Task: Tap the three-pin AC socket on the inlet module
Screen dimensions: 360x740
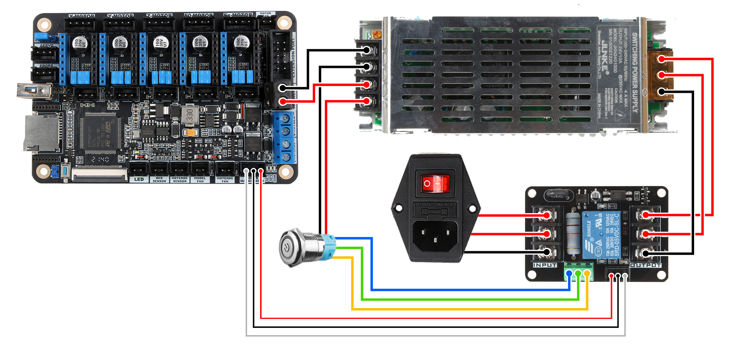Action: (435, 235)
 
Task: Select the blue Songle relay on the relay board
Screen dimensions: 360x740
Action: (600, 235)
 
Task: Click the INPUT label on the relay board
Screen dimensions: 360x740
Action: (545, 265)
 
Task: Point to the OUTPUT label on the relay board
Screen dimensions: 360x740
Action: (646, 265)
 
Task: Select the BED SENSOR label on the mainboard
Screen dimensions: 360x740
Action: (159, 180)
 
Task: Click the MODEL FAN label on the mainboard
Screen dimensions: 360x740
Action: (200, 180)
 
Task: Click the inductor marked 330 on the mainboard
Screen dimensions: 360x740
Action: (189, 115)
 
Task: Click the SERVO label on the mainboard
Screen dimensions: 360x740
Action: (46, 46)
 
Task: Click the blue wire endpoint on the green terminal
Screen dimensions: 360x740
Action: (569, 273)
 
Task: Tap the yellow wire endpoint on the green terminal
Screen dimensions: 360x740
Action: (588, 273)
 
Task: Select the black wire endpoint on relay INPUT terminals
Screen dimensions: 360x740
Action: (547, 252)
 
